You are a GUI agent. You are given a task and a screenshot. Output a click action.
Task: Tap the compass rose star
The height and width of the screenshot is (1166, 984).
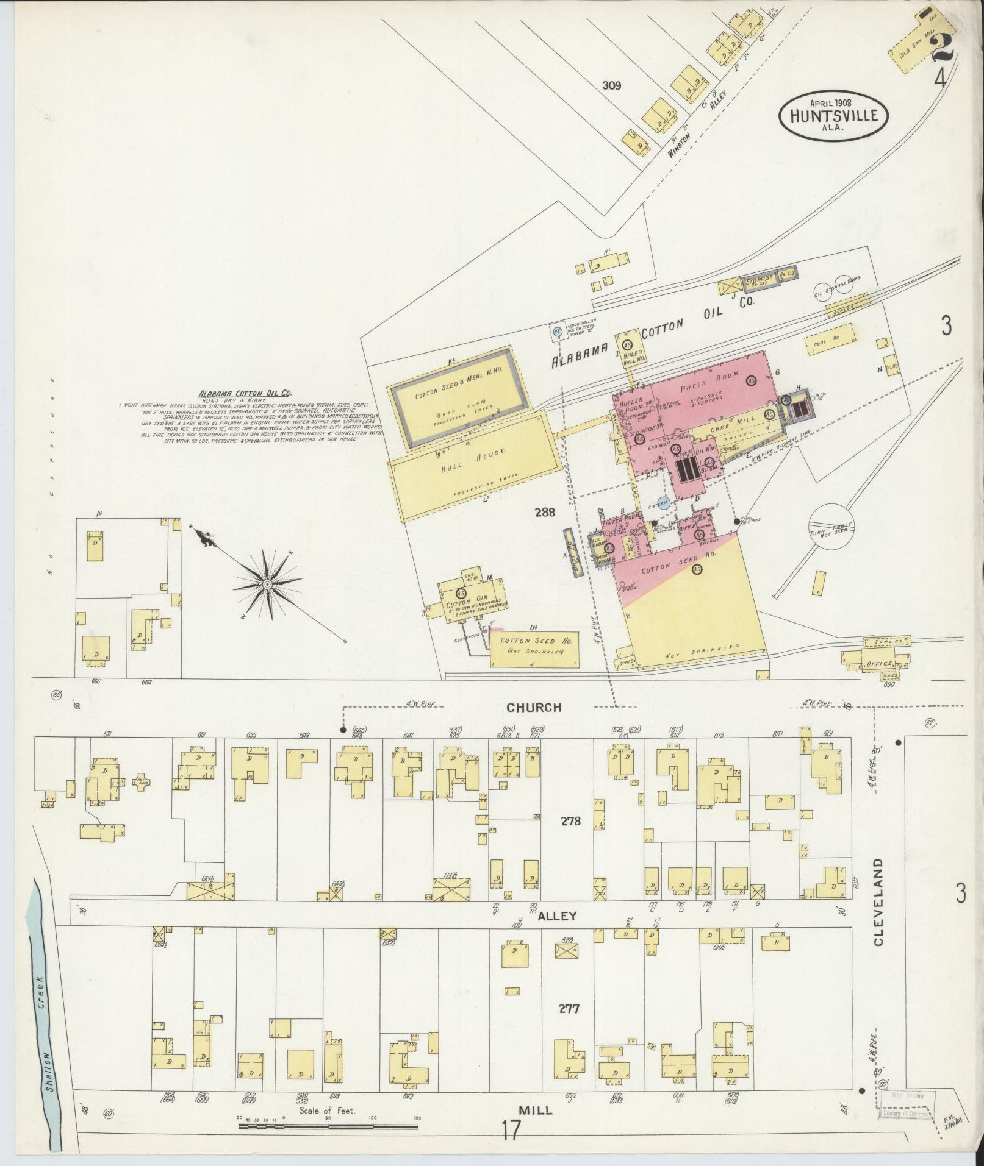[267, 585]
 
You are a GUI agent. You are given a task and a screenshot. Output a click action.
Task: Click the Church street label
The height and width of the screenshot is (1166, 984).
[534, 707]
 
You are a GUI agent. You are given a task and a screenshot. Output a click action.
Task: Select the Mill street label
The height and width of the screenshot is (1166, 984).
[536, 1111]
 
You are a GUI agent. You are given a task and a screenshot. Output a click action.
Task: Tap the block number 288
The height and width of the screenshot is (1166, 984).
[544, 513]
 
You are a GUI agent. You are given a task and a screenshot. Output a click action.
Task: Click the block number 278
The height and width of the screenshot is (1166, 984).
[570, 821]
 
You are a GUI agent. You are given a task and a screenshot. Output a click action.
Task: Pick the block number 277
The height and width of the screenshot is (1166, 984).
[568, 1009]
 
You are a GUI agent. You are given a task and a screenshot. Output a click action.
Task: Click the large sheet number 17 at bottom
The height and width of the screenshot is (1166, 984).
[511, 1131]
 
